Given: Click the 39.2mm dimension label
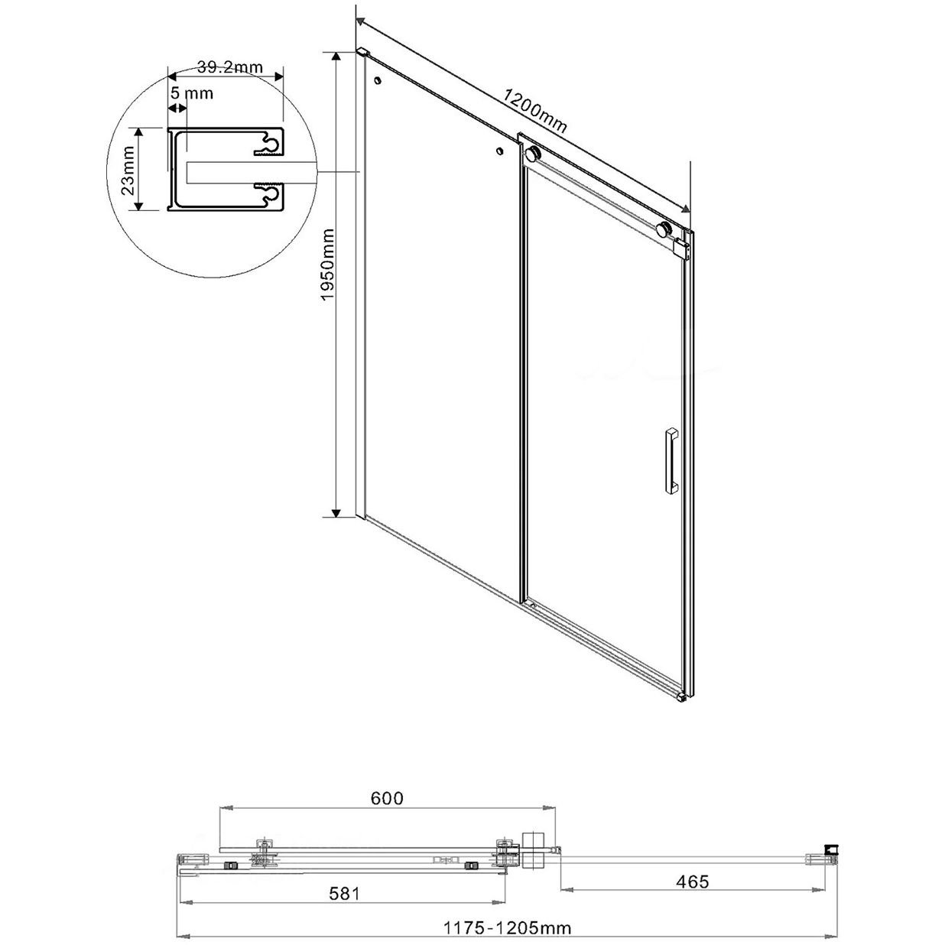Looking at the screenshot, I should click(x=229, y=67).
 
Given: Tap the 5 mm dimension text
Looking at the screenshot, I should click(x=191, y=94).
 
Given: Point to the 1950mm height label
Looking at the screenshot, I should click(x=326, y=264).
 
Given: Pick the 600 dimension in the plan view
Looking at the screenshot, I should click(x=387, y=797).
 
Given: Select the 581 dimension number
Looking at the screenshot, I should click(x=344, y=892).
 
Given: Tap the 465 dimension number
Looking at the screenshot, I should click(x=693, y=882).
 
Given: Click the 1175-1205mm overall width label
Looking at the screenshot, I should click(x=508, y=928).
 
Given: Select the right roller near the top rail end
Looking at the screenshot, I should click(x=666, y=229).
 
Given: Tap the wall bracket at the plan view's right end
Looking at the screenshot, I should click(x=830, y=849).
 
